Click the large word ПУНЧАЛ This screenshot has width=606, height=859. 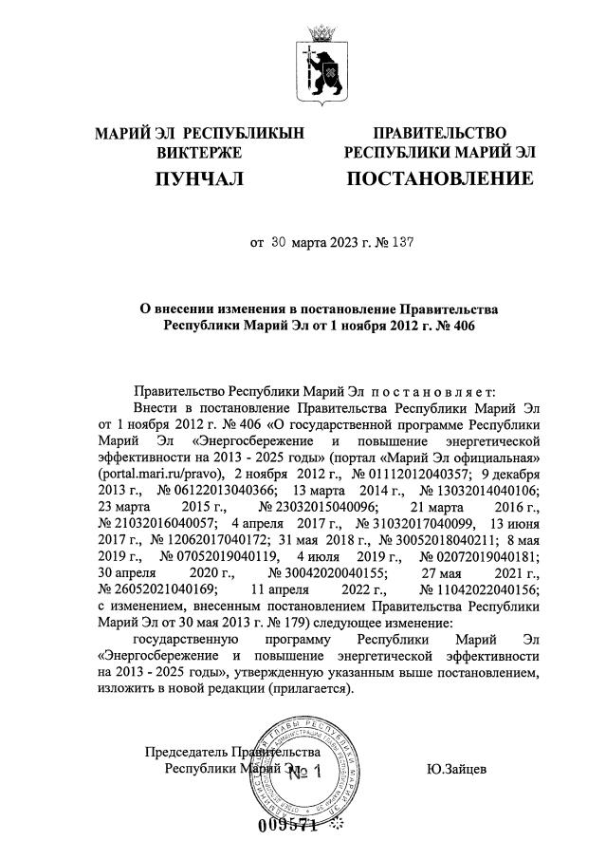click(x=200, y=178)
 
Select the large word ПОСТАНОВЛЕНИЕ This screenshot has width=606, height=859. click(x=439, y=178)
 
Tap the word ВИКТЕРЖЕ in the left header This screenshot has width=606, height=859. click(x=200, y=152)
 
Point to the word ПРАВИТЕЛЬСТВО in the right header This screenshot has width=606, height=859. click(x=439, y=133)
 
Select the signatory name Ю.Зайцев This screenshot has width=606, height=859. click(x=457, y=769)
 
